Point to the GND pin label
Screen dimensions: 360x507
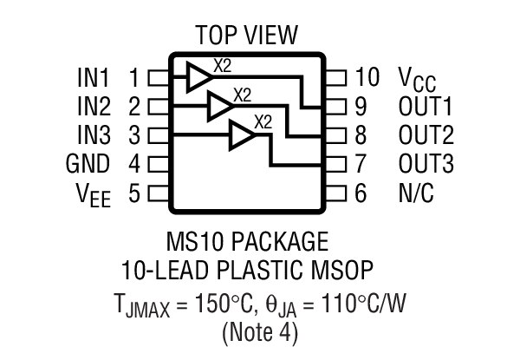88,164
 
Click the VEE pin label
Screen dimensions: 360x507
91,193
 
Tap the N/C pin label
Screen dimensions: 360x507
415,193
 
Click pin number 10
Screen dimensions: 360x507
367,78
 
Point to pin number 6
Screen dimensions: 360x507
361,193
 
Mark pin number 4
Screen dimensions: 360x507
133,164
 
